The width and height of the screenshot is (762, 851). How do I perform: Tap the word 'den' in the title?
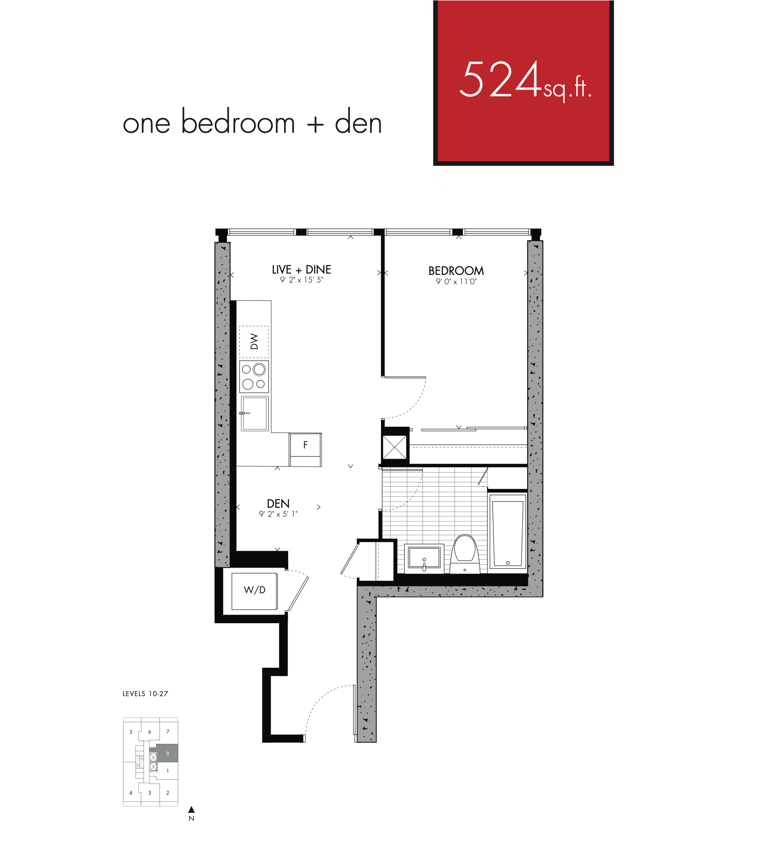(358, 122)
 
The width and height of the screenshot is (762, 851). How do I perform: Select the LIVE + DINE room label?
(301, 270)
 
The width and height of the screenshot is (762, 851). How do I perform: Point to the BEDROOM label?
(456, 271)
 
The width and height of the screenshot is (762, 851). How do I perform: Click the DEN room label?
(278, 504)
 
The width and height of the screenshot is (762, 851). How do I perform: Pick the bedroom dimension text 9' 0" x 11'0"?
(456, 281)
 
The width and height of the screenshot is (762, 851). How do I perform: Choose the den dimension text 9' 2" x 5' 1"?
(278, 514)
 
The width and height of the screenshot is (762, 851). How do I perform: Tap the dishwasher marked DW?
(254, 342)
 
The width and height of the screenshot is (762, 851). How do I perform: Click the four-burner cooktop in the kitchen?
(254, 377)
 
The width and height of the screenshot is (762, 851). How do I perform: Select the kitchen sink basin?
(255, 414)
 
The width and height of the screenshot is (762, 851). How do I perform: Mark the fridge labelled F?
(305, 450)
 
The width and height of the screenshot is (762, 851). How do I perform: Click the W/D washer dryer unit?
(255, 591)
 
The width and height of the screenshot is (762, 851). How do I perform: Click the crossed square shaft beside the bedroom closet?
(395, 447)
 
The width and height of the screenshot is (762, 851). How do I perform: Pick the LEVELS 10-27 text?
(145, 694)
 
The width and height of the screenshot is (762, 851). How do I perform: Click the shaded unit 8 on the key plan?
(167, 753)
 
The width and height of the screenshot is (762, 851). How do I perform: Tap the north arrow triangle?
(191, 809)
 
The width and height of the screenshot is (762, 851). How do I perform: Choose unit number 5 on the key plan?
(131, 732)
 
